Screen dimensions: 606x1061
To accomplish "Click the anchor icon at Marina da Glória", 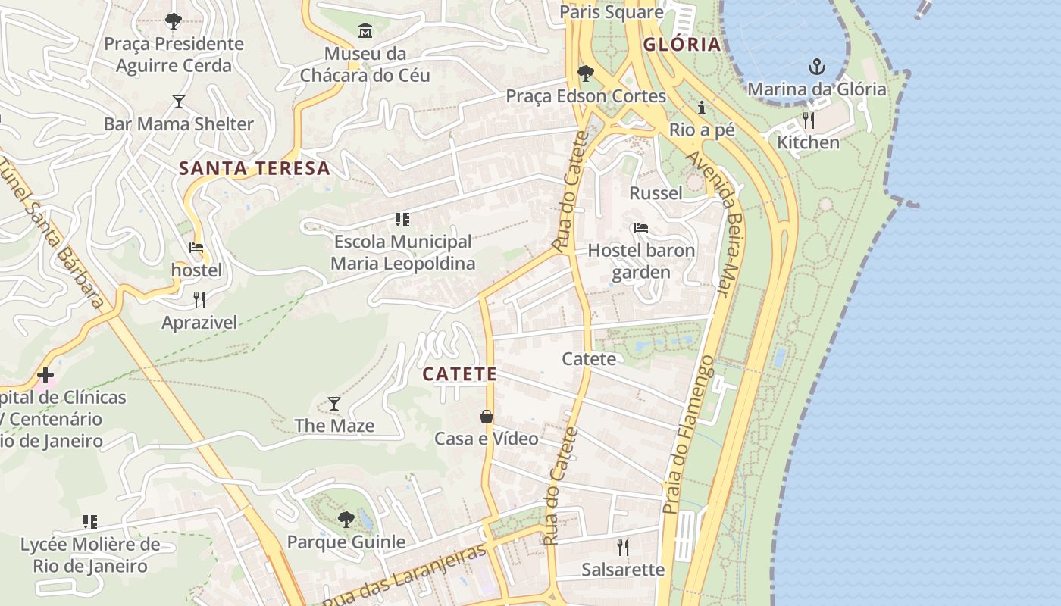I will point(816,67).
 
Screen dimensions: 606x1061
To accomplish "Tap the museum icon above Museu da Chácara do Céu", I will point(365,31).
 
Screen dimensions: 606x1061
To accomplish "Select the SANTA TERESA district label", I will point(255,168).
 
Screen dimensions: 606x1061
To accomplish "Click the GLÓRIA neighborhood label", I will point(681,45).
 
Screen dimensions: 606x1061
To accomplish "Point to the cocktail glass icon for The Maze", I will point(334,403).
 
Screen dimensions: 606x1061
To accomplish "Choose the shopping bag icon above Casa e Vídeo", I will point(487,417).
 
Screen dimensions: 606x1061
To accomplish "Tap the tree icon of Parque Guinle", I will point(346,520).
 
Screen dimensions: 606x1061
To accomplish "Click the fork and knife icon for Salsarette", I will point(622,547).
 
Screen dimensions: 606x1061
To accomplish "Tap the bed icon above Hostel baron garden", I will point(641,228).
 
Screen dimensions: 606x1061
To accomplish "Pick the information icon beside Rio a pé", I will point(702,108).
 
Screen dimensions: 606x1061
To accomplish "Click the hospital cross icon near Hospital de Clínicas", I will point(45,375).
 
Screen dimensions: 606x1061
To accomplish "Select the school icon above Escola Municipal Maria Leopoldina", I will point(402,220).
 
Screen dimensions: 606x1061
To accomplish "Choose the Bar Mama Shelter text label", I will point(179,124).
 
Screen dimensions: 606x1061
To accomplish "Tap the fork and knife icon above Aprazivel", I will point(199,300).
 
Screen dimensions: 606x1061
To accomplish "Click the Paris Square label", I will point(611,12).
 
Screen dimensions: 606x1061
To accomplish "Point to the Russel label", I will point(656,193).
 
